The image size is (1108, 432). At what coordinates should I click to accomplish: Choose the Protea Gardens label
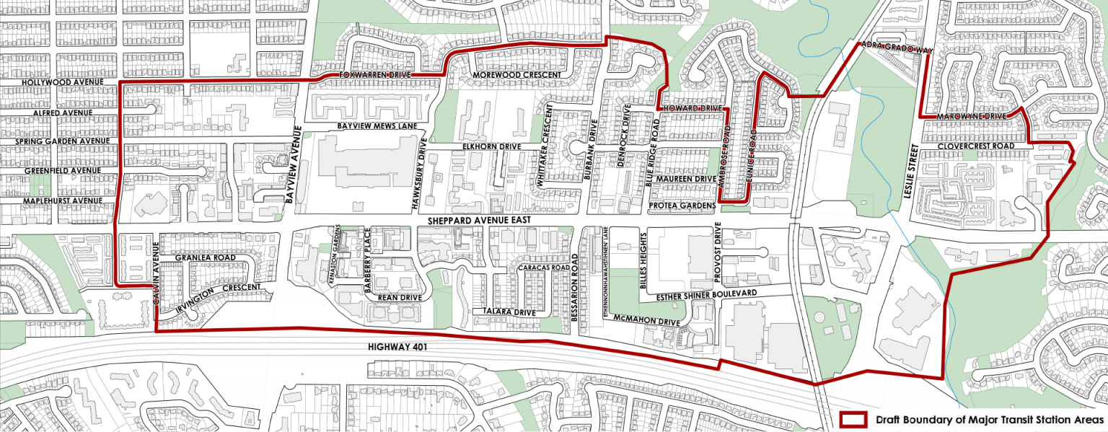[x=681, y=206]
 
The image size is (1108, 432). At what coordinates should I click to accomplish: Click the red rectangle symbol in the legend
[x=855, y=419]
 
